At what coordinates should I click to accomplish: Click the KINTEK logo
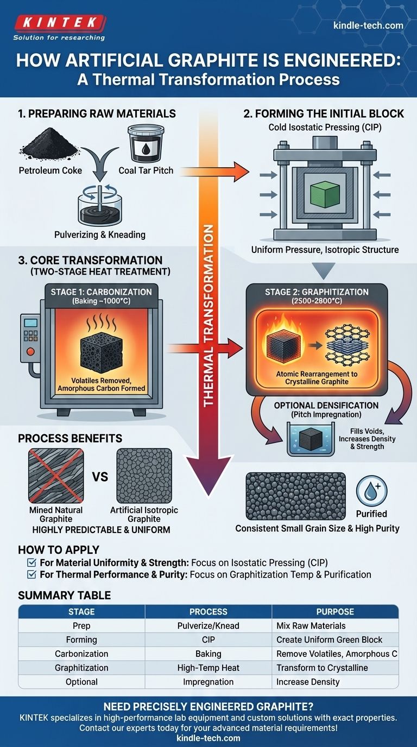point(59,23)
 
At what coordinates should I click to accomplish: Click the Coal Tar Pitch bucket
point(144,143)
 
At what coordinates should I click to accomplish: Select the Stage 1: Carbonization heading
point(102,292)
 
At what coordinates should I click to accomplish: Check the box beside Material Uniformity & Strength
point(31,562)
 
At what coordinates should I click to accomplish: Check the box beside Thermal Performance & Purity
point(31,574)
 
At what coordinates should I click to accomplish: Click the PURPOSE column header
point(334,611)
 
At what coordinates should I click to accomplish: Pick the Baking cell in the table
point(208,654)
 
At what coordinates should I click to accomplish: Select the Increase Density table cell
point(308,682)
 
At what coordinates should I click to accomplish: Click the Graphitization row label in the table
point(81,668)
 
